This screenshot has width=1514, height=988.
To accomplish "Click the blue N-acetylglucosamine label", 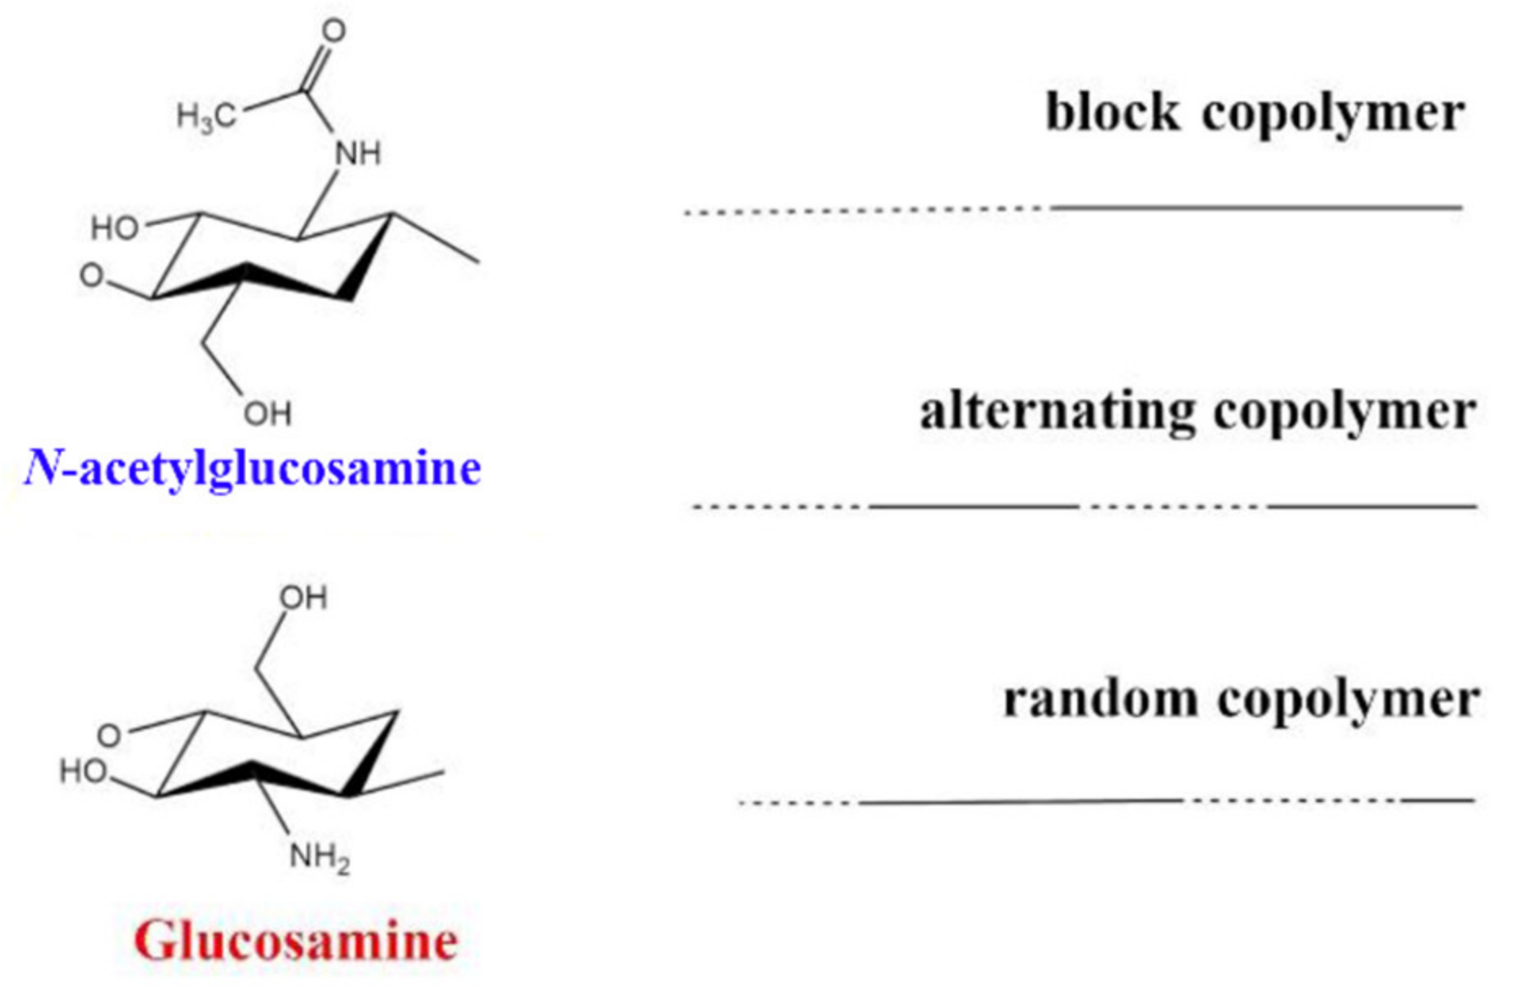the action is pos(253,469).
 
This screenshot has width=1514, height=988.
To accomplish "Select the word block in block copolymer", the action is pos(1112,112).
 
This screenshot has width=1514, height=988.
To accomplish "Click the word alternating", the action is pos(1057,411).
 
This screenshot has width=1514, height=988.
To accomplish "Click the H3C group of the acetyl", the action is pos(206,117).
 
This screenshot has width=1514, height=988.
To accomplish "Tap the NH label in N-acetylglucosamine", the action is pos(358,153).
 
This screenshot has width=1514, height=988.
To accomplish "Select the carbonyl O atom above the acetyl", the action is pos(333,31).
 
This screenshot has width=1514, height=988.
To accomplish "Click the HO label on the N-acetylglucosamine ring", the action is pos(114,228).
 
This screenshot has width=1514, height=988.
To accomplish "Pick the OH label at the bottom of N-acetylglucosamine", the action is pos(267,414).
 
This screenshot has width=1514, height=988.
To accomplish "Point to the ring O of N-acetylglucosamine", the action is pos(91,276).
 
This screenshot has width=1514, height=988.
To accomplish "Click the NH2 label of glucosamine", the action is pos(320,858).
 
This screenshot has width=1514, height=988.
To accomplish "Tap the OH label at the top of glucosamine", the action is pos(303,598).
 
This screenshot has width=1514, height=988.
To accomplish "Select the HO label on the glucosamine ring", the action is pos(83,770).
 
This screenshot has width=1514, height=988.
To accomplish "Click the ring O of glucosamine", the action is pos(109,735).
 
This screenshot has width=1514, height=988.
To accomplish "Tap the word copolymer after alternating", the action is pos(1344,411).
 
